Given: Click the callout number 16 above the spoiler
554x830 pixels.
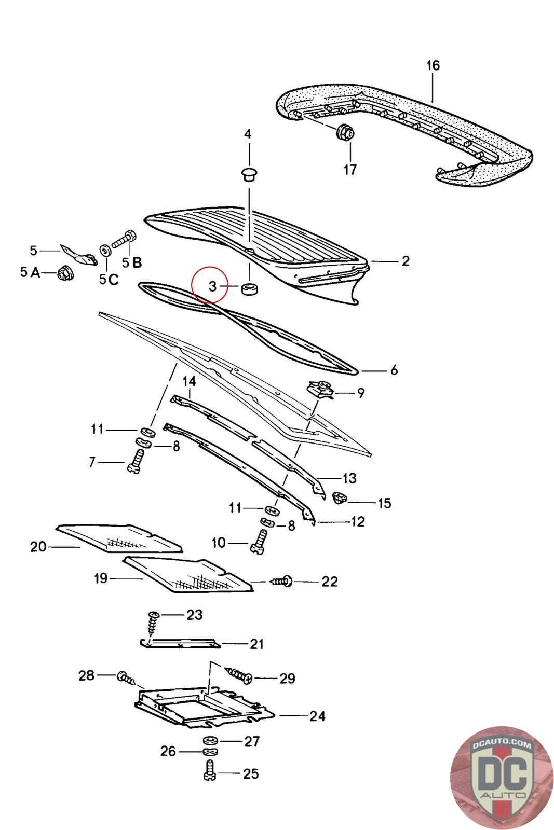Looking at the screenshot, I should pos(433,66).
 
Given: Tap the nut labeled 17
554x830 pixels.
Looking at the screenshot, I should pos(345,132).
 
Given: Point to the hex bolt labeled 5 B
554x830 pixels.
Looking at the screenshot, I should pos(124,240).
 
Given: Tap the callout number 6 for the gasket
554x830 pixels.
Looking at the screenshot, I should pos(394,370).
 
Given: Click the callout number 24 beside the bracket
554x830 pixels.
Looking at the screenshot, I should pos(317,716).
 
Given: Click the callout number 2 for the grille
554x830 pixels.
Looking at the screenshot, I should pos(406,261).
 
